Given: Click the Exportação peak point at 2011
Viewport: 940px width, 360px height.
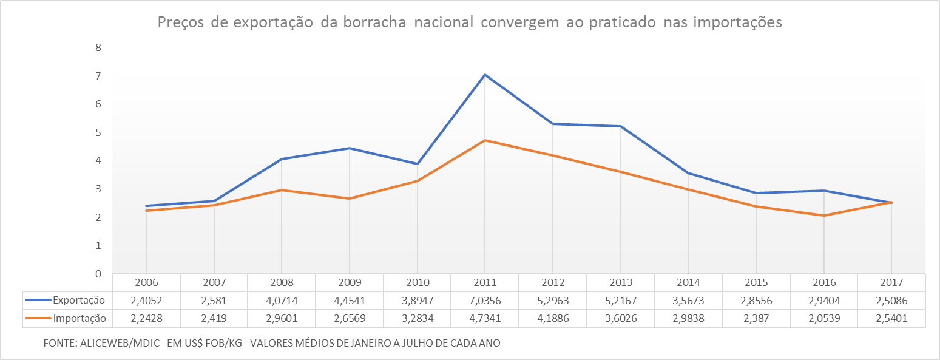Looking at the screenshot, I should [x=485, y=75].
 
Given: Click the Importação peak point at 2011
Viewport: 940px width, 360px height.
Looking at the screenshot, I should [x=485, y=140].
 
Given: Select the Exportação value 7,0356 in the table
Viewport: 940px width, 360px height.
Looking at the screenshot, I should [x=485, y=300].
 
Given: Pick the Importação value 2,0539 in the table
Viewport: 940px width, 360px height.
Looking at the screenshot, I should [x=823, y=318].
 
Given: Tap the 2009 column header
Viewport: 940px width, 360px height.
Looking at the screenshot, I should [x=350, y=282].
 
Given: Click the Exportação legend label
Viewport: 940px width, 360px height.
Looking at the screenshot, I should [x=79, y=300].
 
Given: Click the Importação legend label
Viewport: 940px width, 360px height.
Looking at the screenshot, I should [x=79, y=318].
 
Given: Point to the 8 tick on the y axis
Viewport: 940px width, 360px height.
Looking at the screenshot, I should [x=98, y=47].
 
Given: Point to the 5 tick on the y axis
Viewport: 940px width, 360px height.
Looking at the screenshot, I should [x=98, y=132].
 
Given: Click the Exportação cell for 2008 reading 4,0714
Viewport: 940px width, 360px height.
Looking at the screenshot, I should [x=282, y=300].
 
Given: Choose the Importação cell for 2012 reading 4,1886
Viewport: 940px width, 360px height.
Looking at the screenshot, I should [x=553, y=318].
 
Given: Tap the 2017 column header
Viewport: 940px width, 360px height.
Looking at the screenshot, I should [x=891, y=282].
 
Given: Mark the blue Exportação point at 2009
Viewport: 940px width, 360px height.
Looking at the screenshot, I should [x=350, y=148].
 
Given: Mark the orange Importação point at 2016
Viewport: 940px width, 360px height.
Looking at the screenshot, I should [x=823, y=216].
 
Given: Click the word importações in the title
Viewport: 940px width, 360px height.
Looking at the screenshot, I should [x=737, y=23].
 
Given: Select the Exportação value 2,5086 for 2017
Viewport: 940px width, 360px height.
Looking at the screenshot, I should [x=891, y=300].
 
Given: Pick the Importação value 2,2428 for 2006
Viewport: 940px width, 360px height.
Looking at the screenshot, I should [x=146, y=318].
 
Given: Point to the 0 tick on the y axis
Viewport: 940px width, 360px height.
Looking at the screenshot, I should [x=98, y=274].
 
